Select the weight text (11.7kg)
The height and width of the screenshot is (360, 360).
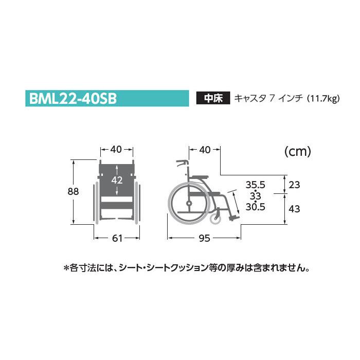323,99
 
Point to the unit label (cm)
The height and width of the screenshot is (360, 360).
298,152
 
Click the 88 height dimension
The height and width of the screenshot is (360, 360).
73,191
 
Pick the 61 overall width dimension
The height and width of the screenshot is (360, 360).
117,238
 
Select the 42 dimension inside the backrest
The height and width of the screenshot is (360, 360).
117,180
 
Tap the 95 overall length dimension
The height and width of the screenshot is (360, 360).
205,238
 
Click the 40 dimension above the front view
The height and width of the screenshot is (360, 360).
116,149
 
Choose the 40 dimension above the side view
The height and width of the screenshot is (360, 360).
205,149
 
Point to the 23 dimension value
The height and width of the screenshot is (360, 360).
295,184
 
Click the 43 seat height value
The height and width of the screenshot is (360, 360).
295,209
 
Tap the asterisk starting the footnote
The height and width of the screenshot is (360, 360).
65,268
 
